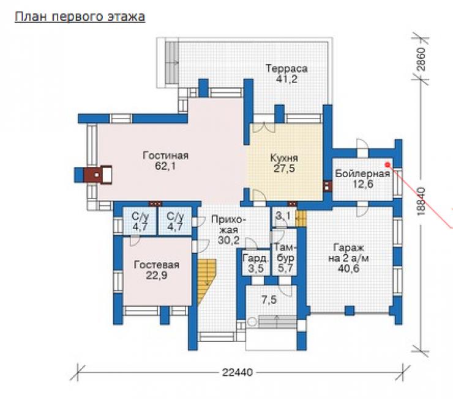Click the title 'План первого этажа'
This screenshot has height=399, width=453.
pos(80,17)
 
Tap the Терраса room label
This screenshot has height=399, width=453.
pos(286,68)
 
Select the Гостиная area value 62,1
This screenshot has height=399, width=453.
pos(165,166)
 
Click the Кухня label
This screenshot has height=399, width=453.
pos(284,158)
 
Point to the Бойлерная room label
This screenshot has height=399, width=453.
pos(362,174)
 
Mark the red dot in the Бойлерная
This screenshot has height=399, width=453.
pos(387,164)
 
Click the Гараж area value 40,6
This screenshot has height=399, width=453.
pos(348,269)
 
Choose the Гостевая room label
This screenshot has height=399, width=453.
pos(157,265)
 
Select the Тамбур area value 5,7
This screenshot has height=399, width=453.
pos(285,268)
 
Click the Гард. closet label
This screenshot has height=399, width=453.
pos(256,258)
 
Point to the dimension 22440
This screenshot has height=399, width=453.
pos(238,373)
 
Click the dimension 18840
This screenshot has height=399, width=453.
pos(421,201)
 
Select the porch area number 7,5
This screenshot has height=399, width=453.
pos(269,300)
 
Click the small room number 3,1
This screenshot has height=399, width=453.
pos(283,215)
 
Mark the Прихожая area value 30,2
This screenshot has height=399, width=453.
pos(228,240)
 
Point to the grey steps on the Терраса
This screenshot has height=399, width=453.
pos(172,62)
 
